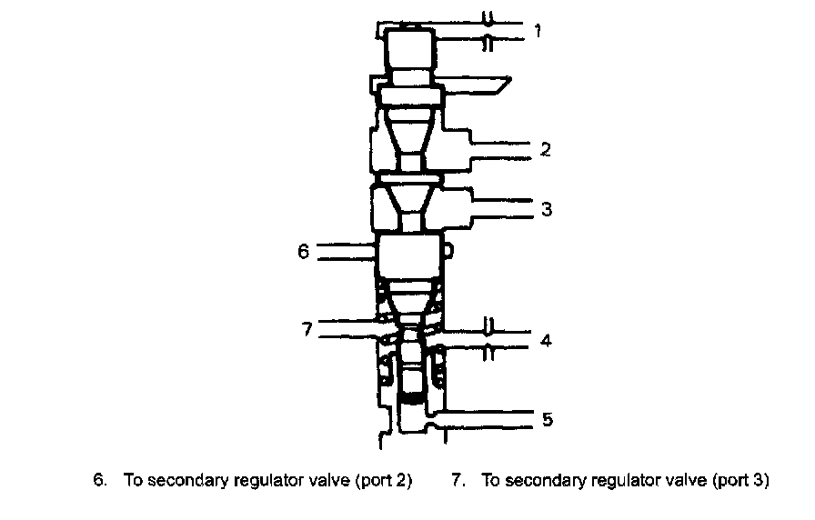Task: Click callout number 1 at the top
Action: click(x=538, y=31)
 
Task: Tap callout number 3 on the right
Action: click(x=546, y=209)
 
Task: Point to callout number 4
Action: click(x=545, y=342)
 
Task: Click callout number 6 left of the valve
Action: click(x=304, y=252)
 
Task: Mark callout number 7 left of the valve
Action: click(x=308, y=328)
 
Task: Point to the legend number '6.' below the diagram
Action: click(x=100, y=481)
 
